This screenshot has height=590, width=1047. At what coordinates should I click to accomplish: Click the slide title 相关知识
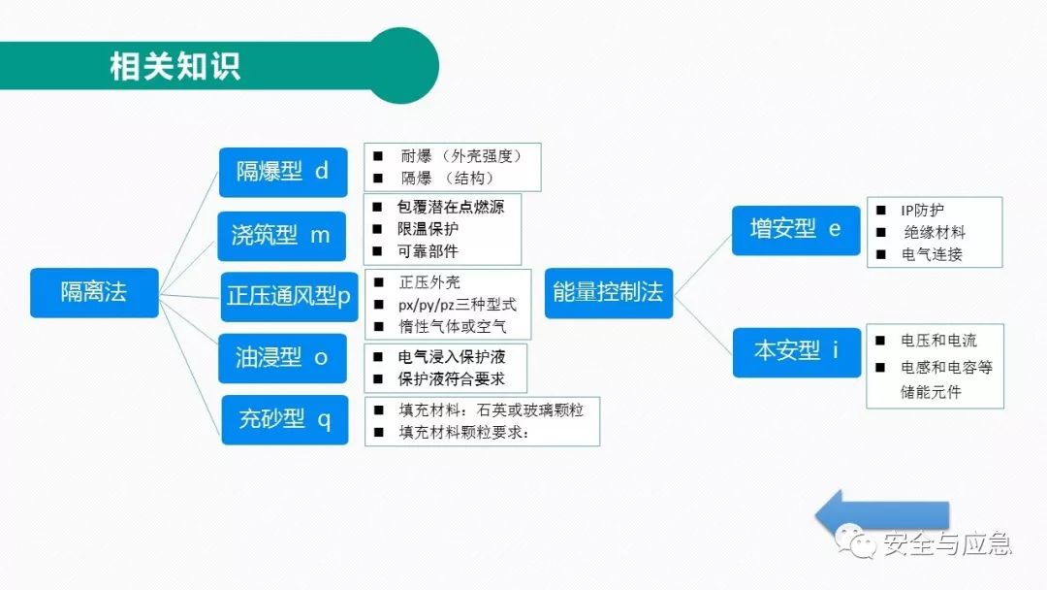click(x=174, y=67)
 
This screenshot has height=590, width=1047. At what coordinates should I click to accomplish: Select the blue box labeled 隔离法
click(x=94, y=293)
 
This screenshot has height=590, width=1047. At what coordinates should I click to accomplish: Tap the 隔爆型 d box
click(x=283, y=173)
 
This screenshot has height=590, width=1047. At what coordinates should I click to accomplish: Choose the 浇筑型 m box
click(x=282, y=236)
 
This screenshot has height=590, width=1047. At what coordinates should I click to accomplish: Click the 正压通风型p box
click(x=289, y=297)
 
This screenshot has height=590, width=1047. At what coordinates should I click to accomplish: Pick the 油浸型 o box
click(x=282, y=358)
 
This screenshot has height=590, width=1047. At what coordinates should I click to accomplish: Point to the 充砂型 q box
click(x=285, y=419)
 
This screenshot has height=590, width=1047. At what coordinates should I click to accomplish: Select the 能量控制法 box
click(x=609, y=293)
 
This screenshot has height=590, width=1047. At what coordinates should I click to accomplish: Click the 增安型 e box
click(x=796, y=231)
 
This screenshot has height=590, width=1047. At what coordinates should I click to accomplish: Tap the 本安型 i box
click(x=797, y=352)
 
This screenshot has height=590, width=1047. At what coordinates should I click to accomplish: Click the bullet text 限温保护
click(x=428, y=229)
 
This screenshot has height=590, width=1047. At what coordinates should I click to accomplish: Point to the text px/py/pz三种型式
click(x=458, y=305)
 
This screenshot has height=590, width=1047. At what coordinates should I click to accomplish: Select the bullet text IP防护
click(x=922, y=211)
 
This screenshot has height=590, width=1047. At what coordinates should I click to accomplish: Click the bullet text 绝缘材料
click(x=935, y=233)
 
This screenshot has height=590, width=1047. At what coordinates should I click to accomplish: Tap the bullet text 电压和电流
click(x=938, y=341)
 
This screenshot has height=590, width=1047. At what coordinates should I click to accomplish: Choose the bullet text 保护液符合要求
click(x=452, y=378)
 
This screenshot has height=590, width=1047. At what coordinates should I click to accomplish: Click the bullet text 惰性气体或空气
click(x=453, y=327)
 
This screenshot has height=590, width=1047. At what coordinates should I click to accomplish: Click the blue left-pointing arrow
click(x=882, y=514)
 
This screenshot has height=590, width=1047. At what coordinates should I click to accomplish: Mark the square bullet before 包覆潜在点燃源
click(x=377, y=207)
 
